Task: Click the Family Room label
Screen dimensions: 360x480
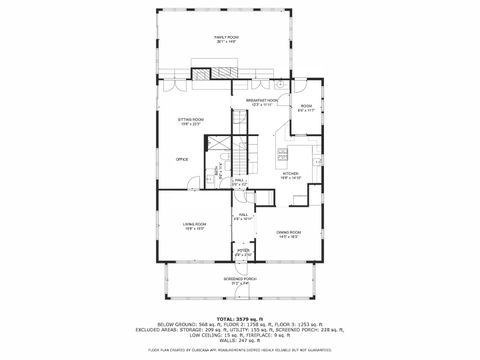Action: pyautogui.click(x=239, y=39)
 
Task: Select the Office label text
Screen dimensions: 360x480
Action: pyautogui.click(x=182, y=159)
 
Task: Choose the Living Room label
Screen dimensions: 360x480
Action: pyautogui.click(x=194, y=227)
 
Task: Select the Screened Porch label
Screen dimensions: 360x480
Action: pyautogui.click(x=239, y=281)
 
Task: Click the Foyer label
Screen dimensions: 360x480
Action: pyautogui.click(x=243, y=254)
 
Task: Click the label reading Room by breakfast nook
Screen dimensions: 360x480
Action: pyautogui.click(x=306, y=109)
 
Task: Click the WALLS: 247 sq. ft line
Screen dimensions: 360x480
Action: pyautogui.click(x=239, y=341)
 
